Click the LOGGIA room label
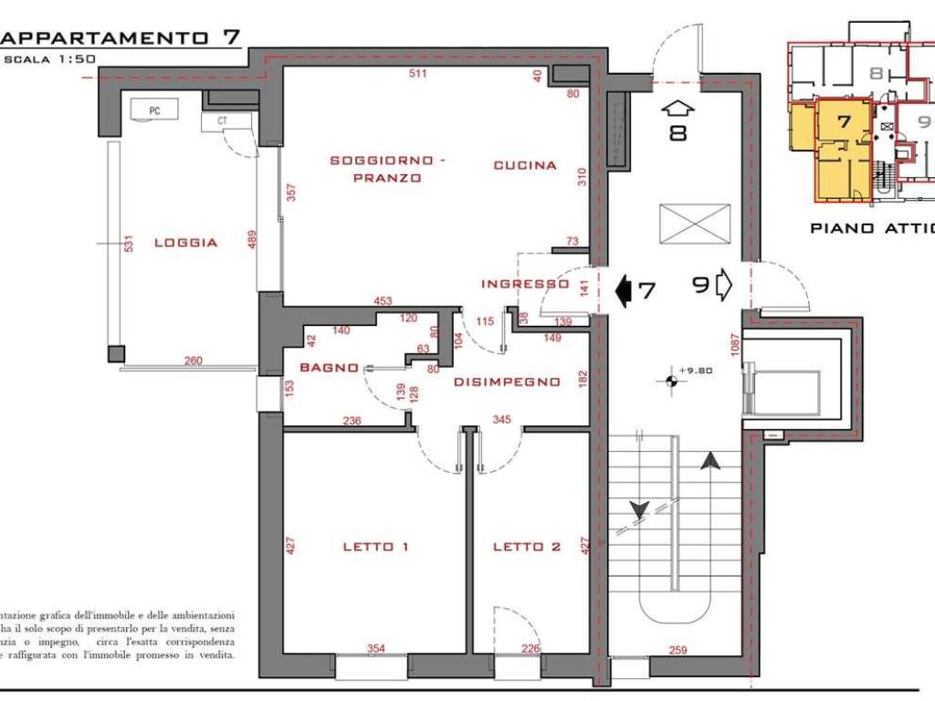click(x=185, y=243)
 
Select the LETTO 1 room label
click(x=374, y=547)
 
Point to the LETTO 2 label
click(x=527, y=547)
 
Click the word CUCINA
click(x=525, y=165)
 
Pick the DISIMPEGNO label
click(x=507, y=382)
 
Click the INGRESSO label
click(x=525, y=284)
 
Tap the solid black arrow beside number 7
click(x=625, y=291)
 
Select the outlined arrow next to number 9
click(x=724, y=285)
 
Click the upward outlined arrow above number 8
click(x=677, y=108)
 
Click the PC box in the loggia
click(x=154, y=110)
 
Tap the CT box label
click(x=222, y=120)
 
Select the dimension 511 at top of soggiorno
click(x=417, y=74)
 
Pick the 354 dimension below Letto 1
click(x=376, y=649)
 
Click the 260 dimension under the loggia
click(x=193, y=361)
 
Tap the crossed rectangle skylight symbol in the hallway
click(x=695, y=224)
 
